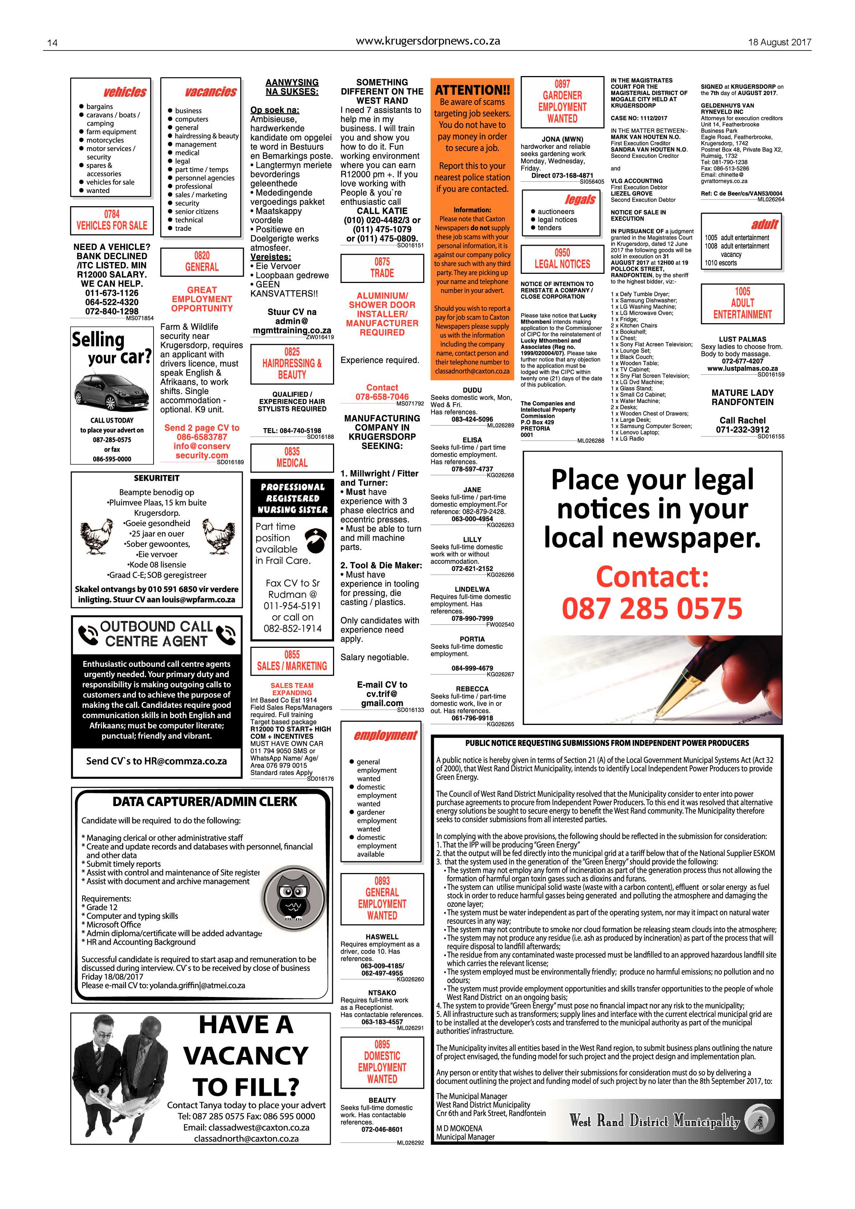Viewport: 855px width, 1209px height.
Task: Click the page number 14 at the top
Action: click(x=52, y=43)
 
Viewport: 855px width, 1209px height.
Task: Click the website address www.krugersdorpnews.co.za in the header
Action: click(x=428, y=41)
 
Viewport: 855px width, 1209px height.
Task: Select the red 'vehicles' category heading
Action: click(x=125, y=92)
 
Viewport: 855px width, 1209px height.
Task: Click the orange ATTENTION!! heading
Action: click(x=472, y=90)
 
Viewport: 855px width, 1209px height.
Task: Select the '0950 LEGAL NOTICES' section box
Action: click(x=562, y=258)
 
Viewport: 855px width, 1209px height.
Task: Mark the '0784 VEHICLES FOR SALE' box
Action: click(x=111, y=220)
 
